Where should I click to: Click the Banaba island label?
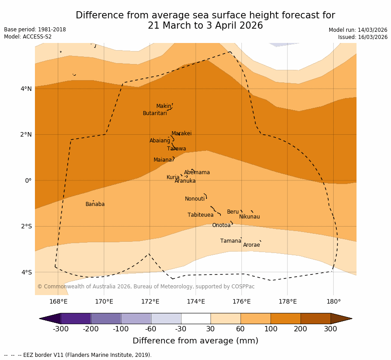click(x=95, y=204)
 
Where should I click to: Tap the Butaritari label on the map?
click(x=155, y=113)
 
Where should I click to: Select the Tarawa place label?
click(x=176, y=149)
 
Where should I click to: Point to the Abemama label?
click(x=197, y=172)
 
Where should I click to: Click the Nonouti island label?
click(x=195, y=199)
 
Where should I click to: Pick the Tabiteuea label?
click(x=200, y=215)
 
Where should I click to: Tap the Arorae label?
click(x=251, y=245)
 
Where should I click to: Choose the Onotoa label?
click(x=221, y=225)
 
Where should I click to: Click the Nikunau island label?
click(x=249, y=217)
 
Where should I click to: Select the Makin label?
click(x=163, y=106)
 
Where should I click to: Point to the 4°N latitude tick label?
click(x=26, y=89)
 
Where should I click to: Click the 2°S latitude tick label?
click(x=26, y=226)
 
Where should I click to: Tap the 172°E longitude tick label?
click(x=150, y=301)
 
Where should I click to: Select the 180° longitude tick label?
click(x=333, y=301)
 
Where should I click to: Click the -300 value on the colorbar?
click(x=60, y=330)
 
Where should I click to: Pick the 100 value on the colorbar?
click(x=271, y=330)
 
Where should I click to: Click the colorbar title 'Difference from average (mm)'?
click(x=195, y=341)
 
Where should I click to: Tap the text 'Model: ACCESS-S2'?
click(x=28, y=37)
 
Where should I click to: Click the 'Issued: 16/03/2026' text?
click(x=363, y=37)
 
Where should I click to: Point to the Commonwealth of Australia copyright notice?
click(x=146, y=287)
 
